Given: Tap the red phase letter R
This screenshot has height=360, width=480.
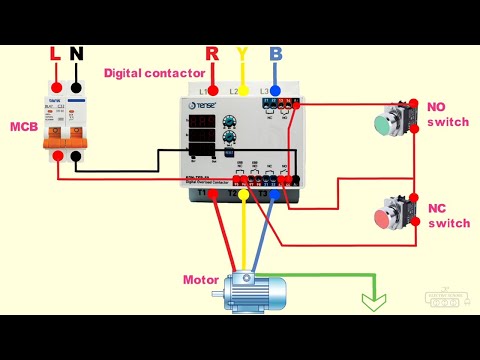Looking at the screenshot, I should [x=212, y=53].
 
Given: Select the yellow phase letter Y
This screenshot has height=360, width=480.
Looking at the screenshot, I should [x=242, y=53].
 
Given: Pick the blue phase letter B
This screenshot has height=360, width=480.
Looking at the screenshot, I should [x=275, y=53].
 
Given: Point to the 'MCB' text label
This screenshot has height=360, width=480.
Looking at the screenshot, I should [x=24, y=127].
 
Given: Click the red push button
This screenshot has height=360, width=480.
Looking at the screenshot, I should [x=387, y=219].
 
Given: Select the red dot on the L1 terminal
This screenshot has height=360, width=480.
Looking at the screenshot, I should [x=212, y=91].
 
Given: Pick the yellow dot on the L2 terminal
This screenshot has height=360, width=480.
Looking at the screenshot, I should [x=242, y=91].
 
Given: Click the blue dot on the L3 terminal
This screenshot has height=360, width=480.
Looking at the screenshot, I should [x=275, y=91].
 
